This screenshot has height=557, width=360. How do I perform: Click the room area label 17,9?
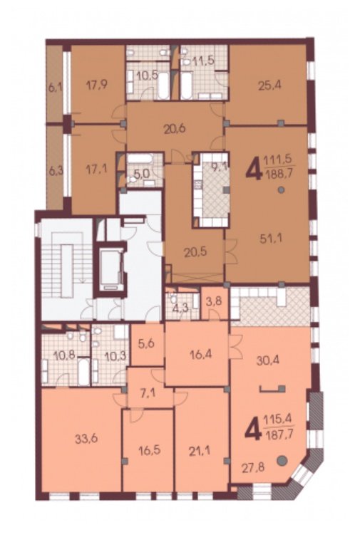tap(97, 85)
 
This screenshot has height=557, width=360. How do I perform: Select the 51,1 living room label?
tap(271, 239)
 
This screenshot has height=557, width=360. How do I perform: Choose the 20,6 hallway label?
tap(175, 129)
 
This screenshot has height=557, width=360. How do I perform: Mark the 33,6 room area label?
tap(86, 439)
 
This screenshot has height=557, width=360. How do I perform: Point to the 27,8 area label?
tap(253, 467)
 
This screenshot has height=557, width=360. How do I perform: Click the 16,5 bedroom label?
tap(149, 450)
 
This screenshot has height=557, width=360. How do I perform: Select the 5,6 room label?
tap(147, 344)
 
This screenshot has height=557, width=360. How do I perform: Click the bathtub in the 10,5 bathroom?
tap(163, 85)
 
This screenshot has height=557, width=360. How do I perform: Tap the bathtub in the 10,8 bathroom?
tap(83, 371)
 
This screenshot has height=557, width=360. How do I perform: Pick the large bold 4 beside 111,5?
tap(253, 170)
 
